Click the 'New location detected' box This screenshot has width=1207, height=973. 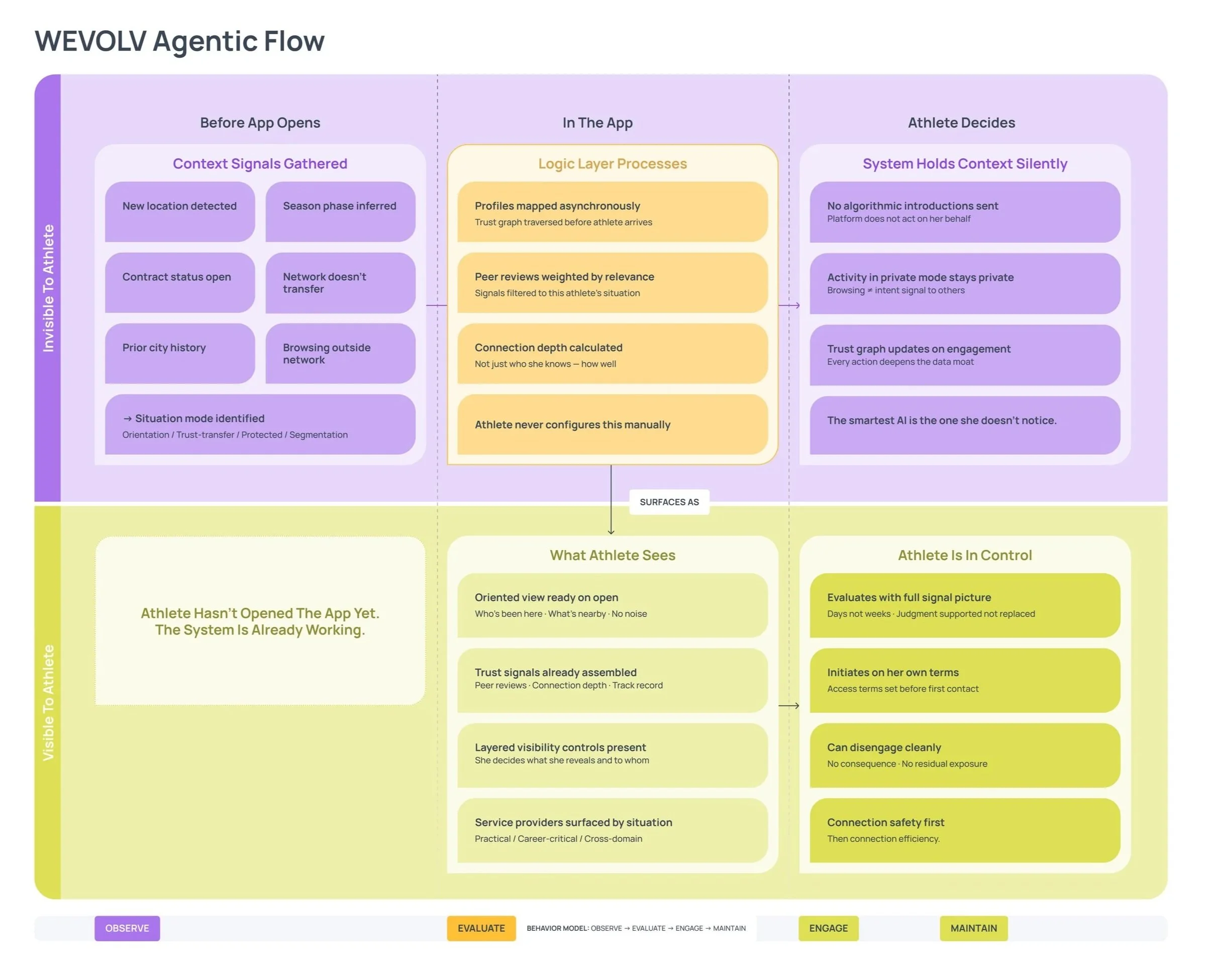[x=179, y=211]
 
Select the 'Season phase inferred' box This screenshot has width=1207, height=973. [x=340, y=211]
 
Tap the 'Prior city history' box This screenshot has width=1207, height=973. [x=179, y=353]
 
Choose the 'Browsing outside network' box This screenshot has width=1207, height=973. [x=340, y=353]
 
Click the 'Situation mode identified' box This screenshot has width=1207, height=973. [x=260, y=424]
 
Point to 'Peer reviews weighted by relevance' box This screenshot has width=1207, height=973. [x=612, y=283]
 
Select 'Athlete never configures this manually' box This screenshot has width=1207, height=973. [x=612, y=424]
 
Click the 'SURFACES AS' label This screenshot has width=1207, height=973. [x=669, y=502]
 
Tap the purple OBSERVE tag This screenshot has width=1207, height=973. [x=127, y=928]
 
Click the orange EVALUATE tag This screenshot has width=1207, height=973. [x=481, y=928]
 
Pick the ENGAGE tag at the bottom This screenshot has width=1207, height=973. [x=828, y=928]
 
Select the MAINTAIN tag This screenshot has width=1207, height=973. [x=973, y=928]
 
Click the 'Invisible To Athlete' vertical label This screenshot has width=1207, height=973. [x=48, y=288]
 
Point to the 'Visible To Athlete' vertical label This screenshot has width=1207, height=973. [x=48, y=702]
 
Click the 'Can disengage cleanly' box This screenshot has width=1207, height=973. [x=964, y=755]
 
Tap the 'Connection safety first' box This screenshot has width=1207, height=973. [x=964, y=830]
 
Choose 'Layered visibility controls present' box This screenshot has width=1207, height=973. [x=612, y=755]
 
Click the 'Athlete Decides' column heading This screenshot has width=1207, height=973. [x=961, y=123]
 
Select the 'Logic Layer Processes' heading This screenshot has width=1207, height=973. [x=612, y=164]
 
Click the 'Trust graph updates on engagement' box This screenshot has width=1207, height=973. [x=964, y=355]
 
